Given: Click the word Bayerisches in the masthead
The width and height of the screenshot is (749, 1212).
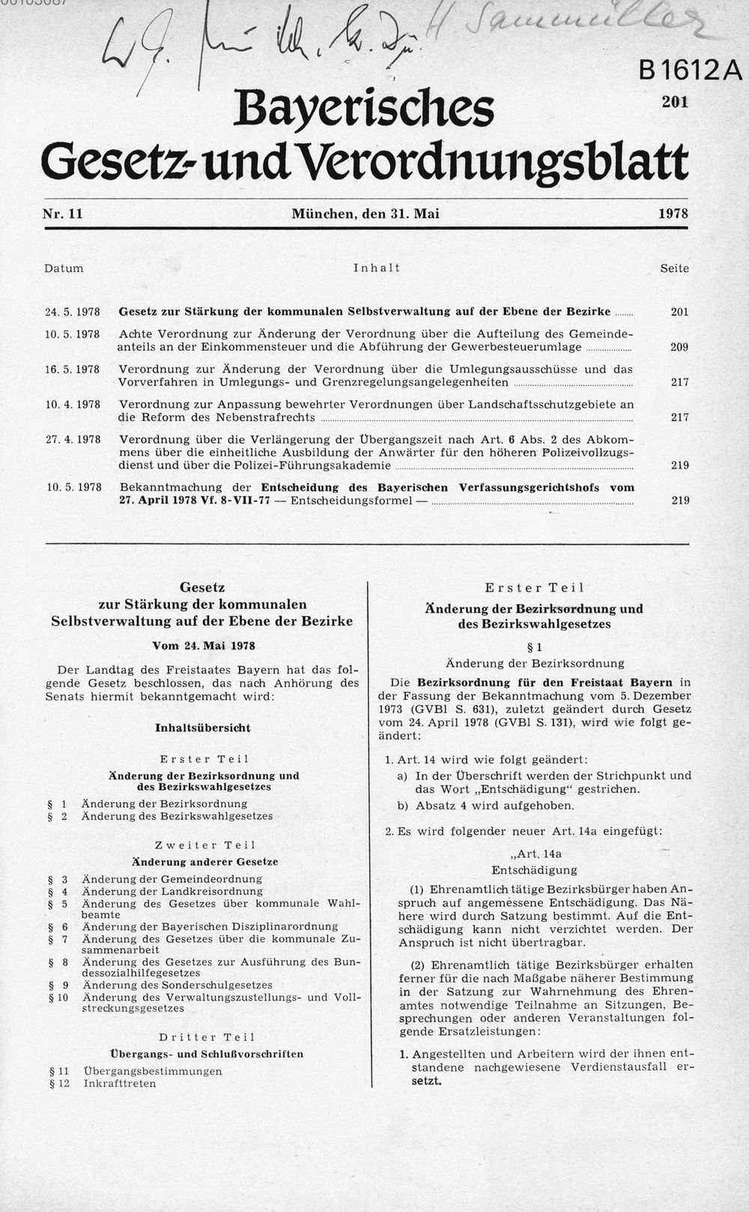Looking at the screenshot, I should (364, 109).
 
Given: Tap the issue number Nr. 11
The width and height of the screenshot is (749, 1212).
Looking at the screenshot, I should (62, 214).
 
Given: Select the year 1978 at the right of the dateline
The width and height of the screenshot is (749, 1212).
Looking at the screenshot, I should (673, 214).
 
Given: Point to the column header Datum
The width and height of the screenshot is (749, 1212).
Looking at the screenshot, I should (64, 268).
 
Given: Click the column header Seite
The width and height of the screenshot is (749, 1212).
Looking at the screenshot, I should (674, 268).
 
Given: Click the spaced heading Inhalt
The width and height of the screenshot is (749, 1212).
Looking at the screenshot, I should (377, 268).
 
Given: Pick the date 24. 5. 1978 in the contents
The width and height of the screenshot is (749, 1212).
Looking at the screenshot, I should (73, 312).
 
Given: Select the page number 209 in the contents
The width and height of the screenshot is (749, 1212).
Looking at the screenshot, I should (679, 347).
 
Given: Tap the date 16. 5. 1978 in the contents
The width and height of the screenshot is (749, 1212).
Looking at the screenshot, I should (73, 370).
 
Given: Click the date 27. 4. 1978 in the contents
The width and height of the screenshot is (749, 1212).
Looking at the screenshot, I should (73, 439).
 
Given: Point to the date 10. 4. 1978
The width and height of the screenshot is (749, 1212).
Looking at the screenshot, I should (73, 405).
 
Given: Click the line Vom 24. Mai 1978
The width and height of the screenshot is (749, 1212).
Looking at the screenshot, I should (203, 645).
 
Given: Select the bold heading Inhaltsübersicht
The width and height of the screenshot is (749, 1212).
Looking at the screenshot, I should (203, 728).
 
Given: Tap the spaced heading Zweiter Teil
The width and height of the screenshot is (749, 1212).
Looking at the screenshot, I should (207, 845).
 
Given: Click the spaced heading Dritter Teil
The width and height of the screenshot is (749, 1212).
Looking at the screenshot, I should (207, 1037).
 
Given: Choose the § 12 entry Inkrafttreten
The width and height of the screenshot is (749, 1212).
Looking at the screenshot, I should (120, 1083).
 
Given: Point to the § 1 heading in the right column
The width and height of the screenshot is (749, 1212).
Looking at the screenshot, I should (534, 647).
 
